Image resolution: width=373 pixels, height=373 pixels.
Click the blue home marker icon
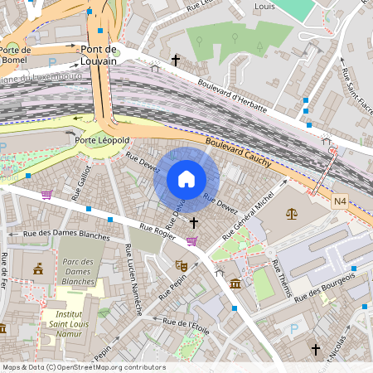pyautogui.click(x=186, y=179)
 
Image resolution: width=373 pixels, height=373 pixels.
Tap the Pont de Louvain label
pyautogui.click(x=99, y=55)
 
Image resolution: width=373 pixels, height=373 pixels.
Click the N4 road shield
pyautogui.click(x=341, y=201)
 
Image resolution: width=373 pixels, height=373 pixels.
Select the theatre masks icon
pyautogui.click(x=181, y=266)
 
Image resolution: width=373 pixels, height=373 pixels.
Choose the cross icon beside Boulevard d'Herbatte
pyautogui.click(x=175, y=61)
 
